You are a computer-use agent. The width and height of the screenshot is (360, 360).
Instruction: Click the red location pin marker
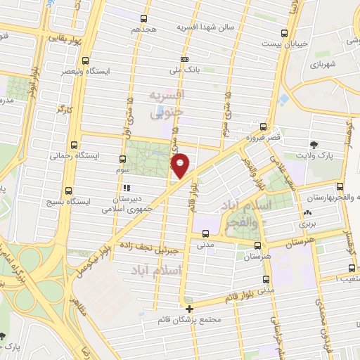[181, 166]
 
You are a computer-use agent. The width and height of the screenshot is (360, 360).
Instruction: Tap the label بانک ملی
[184, 70]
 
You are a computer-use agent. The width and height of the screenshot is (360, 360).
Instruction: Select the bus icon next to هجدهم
[144, 19]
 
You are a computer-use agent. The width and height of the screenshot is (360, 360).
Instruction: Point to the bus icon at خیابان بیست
[284, 32]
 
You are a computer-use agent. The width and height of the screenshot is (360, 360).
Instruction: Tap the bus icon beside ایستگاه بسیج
[68, 190]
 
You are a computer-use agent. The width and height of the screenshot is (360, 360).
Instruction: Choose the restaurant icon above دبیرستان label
[127, 188]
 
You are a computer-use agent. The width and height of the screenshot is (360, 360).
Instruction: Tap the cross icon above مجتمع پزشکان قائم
[189, 308]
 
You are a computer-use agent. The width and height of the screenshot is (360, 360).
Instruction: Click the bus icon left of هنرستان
[257, 246]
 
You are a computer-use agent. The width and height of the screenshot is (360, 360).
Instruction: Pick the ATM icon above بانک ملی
[184, 59]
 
